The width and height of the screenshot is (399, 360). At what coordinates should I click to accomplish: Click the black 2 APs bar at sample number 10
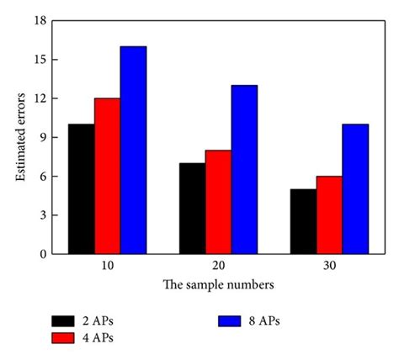[81, 188]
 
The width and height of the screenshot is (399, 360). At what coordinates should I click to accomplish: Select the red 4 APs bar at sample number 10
[107, 176]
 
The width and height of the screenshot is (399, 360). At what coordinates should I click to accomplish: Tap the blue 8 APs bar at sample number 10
[133, 150]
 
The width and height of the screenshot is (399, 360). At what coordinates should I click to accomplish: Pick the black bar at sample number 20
[192, 208]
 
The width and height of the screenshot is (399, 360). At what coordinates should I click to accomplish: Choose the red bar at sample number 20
[218, 202]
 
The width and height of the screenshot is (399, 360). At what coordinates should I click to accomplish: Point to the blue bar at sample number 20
[244, 169]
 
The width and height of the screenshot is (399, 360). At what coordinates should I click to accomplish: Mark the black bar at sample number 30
[303, 221]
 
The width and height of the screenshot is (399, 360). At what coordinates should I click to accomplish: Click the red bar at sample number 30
[329, 214]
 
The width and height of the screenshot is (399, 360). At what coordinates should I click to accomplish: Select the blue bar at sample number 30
[355, 188]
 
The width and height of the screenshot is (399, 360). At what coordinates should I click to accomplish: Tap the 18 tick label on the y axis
[39, 20]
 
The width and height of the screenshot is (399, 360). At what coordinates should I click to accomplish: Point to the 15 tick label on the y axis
[39, 60]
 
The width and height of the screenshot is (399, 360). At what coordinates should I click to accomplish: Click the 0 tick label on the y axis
[41, 253]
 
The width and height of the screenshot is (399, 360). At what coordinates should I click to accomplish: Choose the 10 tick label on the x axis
[107, 265]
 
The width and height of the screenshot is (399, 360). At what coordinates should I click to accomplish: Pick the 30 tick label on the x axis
[329, 265]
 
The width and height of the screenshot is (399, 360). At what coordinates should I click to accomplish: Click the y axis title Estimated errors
[19, 137]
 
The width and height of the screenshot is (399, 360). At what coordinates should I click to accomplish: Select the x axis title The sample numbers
[218, 283]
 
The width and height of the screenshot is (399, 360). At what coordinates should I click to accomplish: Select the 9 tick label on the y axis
[41, 137]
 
